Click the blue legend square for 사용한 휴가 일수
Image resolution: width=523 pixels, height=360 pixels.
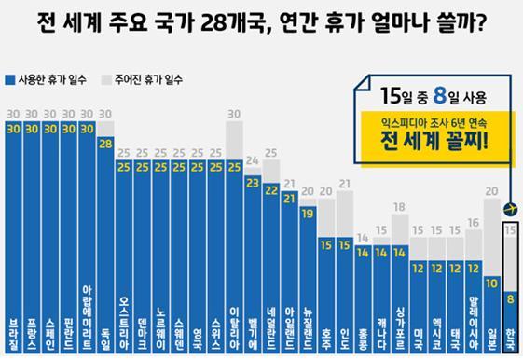[9, 79]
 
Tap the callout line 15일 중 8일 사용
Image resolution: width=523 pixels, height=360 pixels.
[432, 96]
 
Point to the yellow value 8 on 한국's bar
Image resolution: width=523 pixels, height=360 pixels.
[510, 299]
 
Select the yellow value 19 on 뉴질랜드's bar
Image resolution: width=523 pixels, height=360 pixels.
[306, 213]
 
